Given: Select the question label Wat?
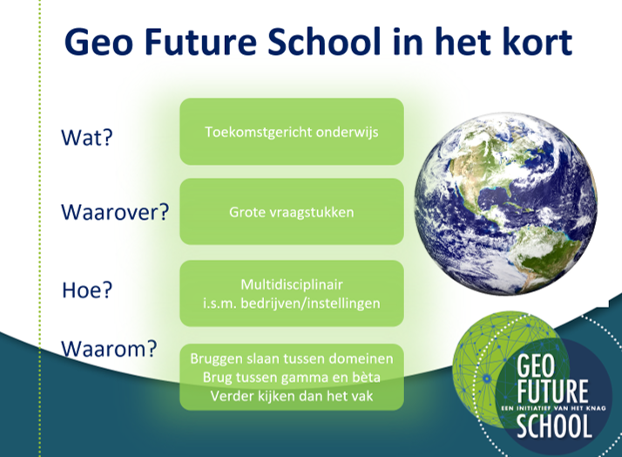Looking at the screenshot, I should pos(87,138).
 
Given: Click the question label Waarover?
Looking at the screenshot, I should pos(114,212).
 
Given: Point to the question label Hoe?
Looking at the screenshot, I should pos(86,290).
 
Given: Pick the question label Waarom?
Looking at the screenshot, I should pos(109,350).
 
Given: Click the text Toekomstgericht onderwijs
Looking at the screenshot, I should pos(292,133).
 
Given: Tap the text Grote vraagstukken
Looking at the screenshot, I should pos(292,212).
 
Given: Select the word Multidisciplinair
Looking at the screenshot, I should pos(292,284).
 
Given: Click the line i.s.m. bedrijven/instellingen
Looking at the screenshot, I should pos(292,303).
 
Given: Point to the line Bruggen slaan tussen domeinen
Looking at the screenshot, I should pos(292,358).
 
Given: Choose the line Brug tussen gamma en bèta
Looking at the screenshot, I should pos(292,378).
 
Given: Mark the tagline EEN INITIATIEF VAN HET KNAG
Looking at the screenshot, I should pos(553,407).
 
